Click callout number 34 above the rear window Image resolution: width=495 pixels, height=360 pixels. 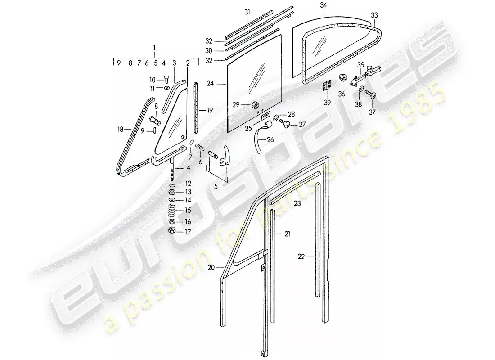(x=324, y=5)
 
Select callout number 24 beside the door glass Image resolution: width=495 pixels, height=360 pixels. (x=210, y=84)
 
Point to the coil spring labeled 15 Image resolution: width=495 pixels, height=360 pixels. (x=172, y=210)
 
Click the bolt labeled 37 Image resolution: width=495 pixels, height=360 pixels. (x=370, y=94)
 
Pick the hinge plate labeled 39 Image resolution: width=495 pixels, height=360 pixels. (x=327, y=86)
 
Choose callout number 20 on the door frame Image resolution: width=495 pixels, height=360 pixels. (x=211, y=267)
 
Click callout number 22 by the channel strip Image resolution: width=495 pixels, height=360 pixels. (x=301, y=257)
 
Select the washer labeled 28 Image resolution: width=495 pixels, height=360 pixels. (x=275, y=117)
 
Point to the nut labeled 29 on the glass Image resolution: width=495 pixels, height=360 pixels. (x=255, y=104)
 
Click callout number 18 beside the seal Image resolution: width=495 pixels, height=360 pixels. (x=120, y=130)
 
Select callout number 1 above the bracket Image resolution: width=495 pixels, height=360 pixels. (x=154, y=48)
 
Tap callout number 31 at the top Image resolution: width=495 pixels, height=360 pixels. (x=247, y=12)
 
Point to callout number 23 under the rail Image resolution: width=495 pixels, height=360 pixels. (x=297, y=204)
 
